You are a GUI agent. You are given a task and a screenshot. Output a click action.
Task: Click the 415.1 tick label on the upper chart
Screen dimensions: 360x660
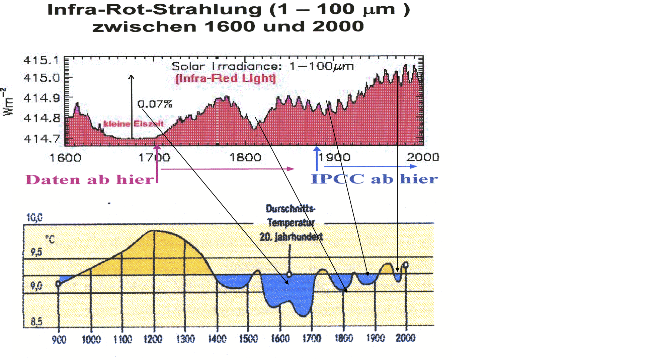[x=41, y=60]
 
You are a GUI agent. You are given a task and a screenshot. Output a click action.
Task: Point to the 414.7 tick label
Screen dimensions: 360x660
[x=42, y=138]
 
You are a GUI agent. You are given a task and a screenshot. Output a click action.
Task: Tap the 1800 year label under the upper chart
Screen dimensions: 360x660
[x=245, y=157]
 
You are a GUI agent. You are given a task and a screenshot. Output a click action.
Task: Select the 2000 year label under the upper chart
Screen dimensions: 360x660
[x=423, y=157]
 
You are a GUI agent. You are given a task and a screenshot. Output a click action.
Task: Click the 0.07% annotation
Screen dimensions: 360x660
[x=155, y=104]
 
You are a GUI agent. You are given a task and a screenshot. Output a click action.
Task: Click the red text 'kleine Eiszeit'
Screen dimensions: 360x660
[x=134, y=124]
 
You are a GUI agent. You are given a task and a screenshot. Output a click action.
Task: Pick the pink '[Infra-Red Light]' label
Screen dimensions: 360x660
[x=226, y=78]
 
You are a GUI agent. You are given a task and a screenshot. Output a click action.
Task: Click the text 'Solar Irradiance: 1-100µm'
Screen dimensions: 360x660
[x=263, y=66]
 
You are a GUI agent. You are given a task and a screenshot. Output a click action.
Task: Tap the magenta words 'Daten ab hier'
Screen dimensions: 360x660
[x=90, y=180]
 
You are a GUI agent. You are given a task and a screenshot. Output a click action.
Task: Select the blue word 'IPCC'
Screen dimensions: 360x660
[x=337, y=179]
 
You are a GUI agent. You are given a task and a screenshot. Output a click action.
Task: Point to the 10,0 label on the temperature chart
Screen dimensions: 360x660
[x=34, y=218]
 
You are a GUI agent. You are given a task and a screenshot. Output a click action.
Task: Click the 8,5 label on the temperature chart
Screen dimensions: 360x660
[x=36, y=321]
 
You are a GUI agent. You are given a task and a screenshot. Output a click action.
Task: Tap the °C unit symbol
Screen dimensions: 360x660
[x=50, y=239]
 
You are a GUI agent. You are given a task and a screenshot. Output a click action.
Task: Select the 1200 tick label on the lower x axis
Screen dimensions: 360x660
[x=153, y=339]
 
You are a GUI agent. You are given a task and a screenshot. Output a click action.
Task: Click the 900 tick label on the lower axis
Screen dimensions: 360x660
[x=59, y=340]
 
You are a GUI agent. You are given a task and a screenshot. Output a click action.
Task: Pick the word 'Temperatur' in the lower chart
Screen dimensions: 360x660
[x=291, y=222]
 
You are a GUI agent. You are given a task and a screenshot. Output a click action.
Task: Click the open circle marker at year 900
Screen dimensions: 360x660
[x=58, y=284]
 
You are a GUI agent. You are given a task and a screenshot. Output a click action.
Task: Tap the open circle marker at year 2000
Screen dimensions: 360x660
[x=406, y=265]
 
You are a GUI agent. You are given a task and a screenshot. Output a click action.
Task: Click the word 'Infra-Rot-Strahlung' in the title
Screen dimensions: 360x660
[x=154, y=9]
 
